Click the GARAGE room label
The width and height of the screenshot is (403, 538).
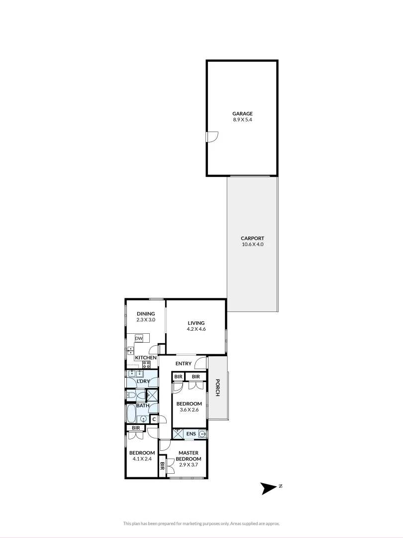tap(242, 114)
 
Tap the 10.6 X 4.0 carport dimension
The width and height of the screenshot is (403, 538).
tap(252, 245)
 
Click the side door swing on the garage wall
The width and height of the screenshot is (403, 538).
tap(212, 136)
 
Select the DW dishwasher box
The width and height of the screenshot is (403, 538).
tap(139, 339)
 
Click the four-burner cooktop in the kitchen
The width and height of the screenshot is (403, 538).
tap(146, 364)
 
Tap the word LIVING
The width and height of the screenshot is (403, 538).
tap(196, 323)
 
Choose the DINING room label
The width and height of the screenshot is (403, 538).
tap(146, 313)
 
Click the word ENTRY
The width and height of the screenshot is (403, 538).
tap(183, 364)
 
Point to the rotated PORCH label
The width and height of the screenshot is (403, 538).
tap(217, 388)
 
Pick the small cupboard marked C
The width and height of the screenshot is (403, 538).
tap(154, 419)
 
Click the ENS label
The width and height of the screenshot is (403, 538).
tap(191, 434)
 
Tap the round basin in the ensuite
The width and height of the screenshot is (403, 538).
tap(202, 434)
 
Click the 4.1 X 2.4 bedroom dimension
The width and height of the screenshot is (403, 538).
tap(142, 459)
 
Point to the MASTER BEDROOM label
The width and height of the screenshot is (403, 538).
tap(189, 456)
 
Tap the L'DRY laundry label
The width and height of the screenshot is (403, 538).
tap(143, 382)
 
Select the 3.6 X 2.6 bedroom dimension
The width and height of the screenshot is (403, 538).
tap(190, 410)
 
